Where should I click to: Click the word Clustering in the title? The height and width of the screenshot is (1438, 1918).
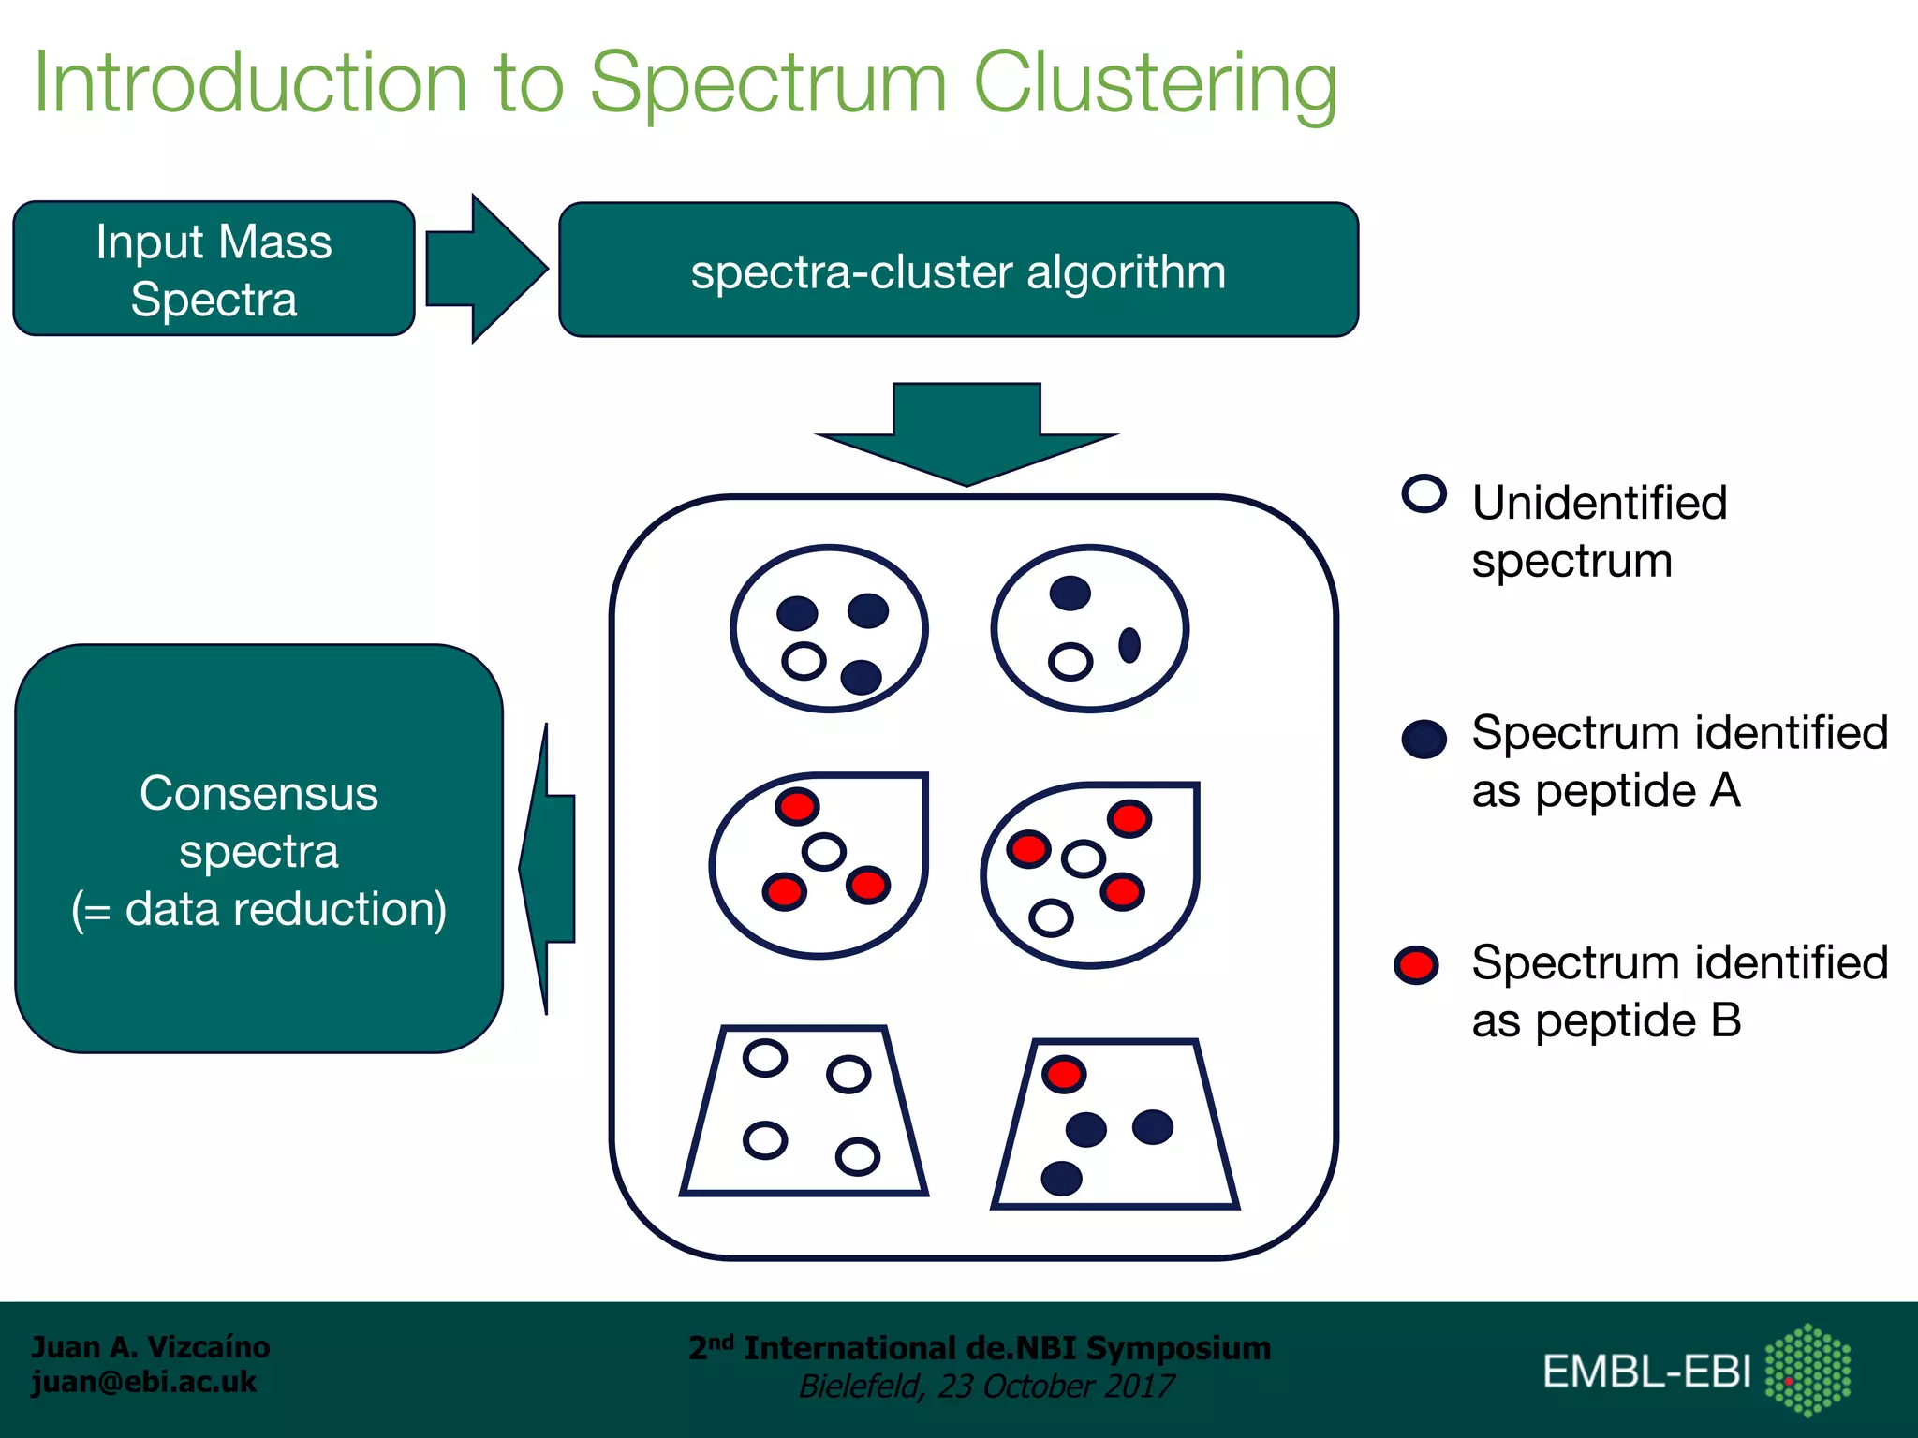1155,84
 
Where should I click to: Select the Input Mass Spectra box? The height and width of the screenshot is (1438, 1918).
214,269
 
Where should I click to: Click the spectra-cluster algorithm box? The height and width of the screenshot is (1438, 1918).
958,271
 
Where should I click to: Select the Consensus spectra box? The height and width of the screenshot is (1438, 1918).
258,849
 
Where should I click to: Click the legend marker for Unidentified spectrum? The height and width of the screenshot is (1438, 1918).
1424,493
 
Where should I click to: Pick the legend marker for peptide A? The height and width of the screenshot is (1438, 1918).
1424,739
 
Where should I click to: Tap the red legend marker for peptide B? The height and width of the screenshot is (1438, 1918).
1416,965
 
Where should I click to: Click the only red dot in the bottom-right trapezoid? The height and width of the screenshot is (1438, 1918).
1064,1074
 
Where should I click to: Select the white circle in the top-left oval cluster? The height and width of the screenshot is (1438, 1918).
804,661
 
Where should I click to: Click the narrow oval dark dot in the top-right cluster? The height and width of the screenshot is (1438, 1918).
1129,644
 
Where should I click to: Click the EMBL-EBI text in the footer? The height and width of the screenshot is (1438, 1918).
1646,1372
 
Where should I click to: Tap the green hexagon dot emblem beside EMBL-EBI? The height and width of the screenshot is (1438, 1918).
1807,1369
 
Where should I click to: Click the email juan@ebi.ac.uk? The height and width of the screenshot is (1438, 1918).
143,1383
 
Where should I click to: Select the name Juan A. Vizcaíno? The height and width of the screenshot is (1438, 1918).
150,1347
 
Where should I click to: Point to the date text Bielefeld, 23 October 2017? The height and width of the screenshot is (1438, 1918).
986,1387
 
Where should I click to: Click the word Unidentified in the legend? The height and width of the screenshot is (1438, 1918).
1599,503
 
